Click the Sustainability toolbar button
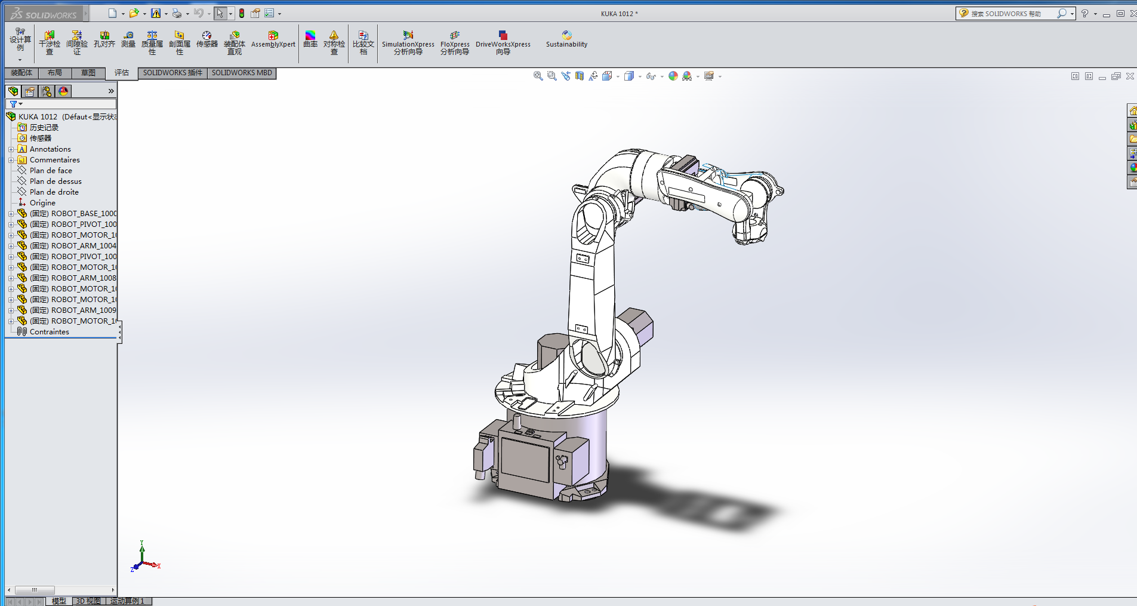pos(566,39)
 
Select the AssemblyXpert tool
pos(273,39)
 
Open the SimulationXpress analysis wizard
pos(408,42)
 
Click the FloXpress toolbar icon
pos(455,42)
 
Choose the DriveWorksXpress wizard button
pos(503,42)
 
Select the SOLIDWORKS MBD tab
pos(242,73)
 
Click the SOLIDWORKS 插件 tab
pos(172,73)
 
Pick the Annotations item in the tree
pos(50,149)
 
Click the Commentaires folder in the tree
pos(54,160)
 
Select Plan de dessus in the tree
pos(56,182)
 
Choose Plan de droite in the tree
pos(54,192)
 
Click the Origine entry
pos(42,203)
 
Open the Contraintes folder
pos(49,332)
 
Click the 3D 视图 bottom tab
pos(88,601)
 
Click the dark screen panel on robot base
pos(525,460)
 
